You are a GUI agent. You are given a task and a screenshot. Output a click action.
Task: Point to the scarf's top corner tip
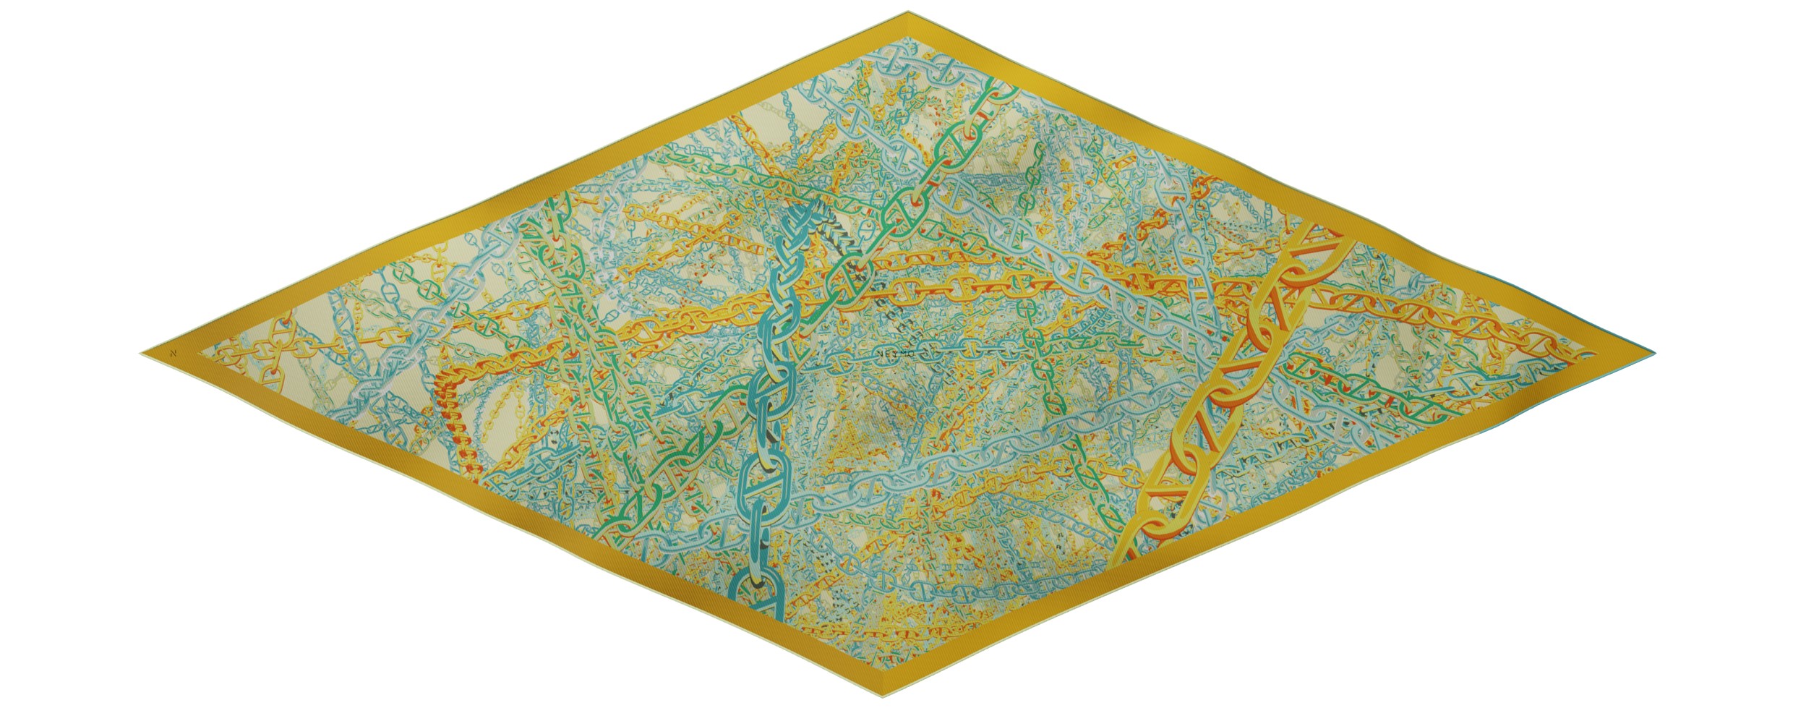tap(908, 12)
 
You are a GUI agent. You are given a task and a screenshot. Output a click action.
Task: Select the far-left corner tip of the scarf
tap(142, 354)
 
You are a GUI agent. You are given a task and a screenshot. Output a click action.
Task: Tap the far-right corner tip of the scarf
tap(1653, 353)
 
